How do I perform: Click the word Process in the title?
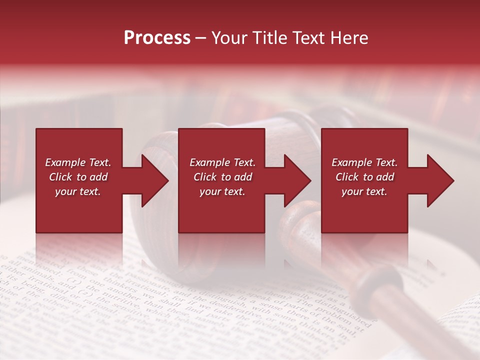[157, 38]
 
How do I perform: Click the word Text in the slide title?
[309, 38]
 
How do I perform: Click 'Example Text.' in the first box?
[78, 162]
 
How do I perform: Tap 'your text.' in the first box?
[78, 191]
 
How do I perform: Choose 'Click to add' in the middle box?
[222, 177]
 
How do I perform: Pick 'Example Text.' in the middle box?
[222, 162]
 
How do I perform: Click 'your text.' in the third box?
[364, 191]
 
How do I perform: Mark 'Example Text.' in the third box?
[364, 162]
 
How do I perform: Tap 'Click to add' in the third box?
[364, 177]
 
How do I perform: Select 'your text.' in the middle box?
[222, 191]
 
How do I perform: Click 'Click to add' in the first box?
[78, 177]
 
